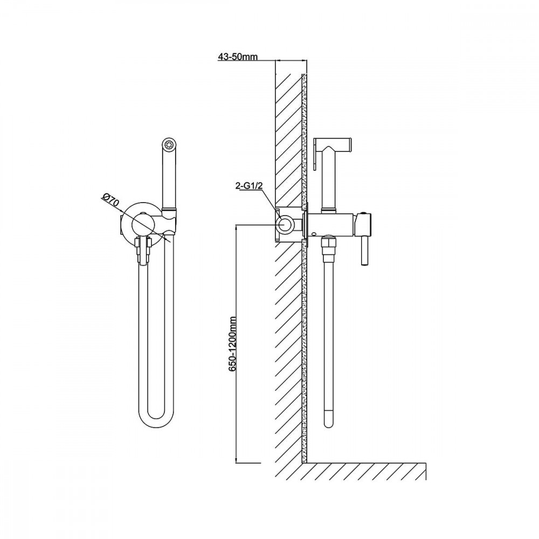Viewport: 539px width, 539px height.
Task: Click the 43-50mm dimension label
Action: pos(238,57)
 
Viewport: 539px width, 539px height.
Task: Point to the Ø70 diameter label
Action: pos(110,201)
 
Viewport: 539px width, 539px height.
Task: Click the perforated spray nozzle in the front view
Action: pos(169,144)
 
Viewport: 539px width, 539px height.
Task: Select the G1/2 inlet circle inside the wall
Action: pos(285,224)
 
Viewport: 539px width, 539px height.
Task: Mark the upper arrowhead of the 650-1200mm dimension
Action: pos(237,227)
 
